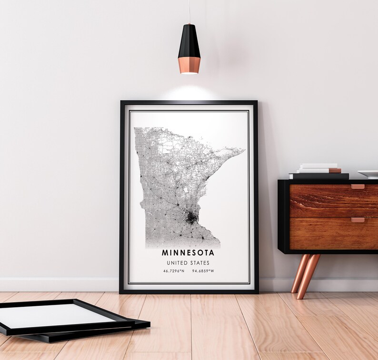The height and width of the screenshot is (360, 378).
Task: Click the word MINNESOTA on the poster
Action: (188, 253)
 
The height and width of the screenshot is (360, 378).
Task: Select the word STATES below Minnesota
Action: (200, 263)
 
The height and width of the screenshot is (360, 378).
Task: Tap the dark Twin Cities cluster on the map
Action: (191, 218)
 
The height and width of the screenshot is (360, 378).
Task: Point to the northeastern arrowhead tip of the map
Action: (243, 150)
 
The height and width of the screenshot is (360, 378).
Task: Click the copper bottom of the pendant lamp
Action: (189, 65)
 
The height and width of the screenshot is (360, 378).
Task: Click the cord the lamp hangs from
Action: (189, 11)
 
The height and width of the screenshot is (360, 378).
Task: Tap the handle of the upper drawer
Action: (358, 187)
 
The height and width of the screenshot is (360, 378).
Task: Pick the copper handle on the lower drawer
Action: (358, 220)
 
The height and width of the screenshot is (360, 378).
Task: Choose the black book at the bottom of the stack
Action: (318, 176)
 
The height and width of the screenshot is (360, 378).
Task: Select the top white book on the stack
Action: (318, 166)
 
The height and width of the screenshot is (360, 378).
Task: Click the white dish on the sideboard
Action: (369, 174)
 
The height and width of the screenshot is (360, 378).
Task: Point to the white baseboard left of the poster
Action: (57, 284)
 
